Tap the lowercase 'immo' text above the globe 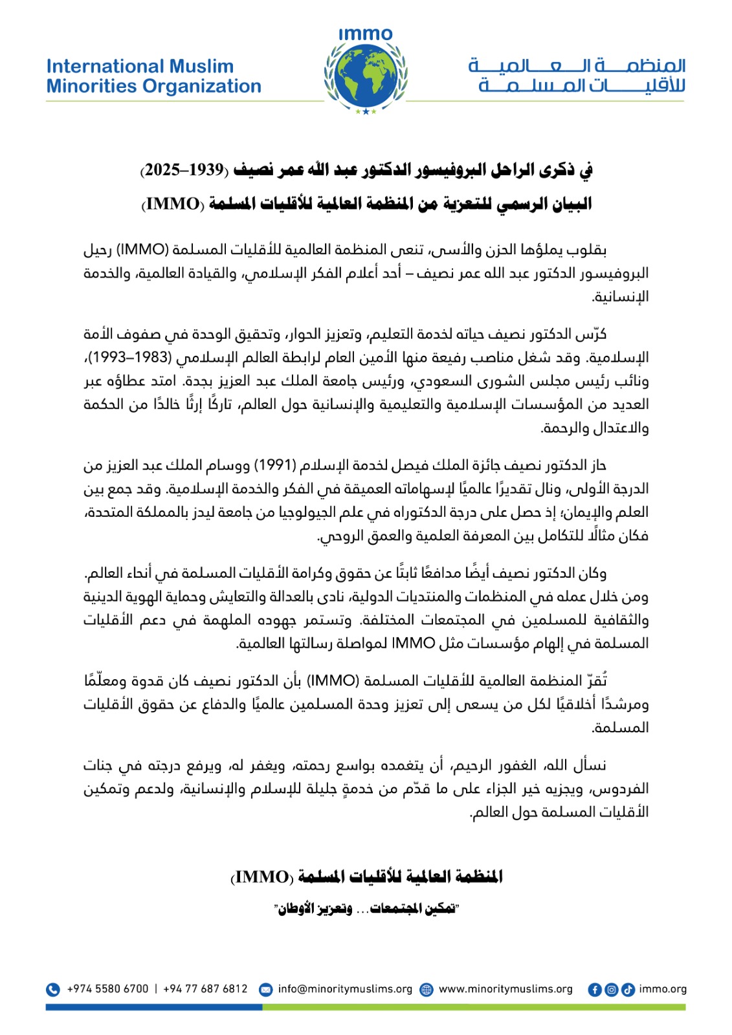click(x=366, y=34)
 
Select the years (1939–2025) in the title click(x=184, y=170)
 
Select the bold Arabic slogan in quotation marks click(x=366, y=909)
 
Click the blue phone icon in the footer click(x=53, y=989)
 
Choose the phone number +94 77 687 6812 click(x=205, y=989)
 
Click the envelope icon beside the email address click(x=265, y=989)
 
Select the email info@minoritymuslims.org click(x=345, y=989)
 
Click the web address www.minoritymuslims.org click(x=505, y=989)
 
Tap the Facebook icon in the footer click(x=594, y=989)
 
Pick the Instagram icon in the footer click(x=611, y=989)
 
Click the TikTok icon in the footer click(x=628, y=989)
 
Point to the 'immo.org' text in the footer click(x=662, y=989)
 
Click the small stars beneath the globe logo click(x=366, y=111)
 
